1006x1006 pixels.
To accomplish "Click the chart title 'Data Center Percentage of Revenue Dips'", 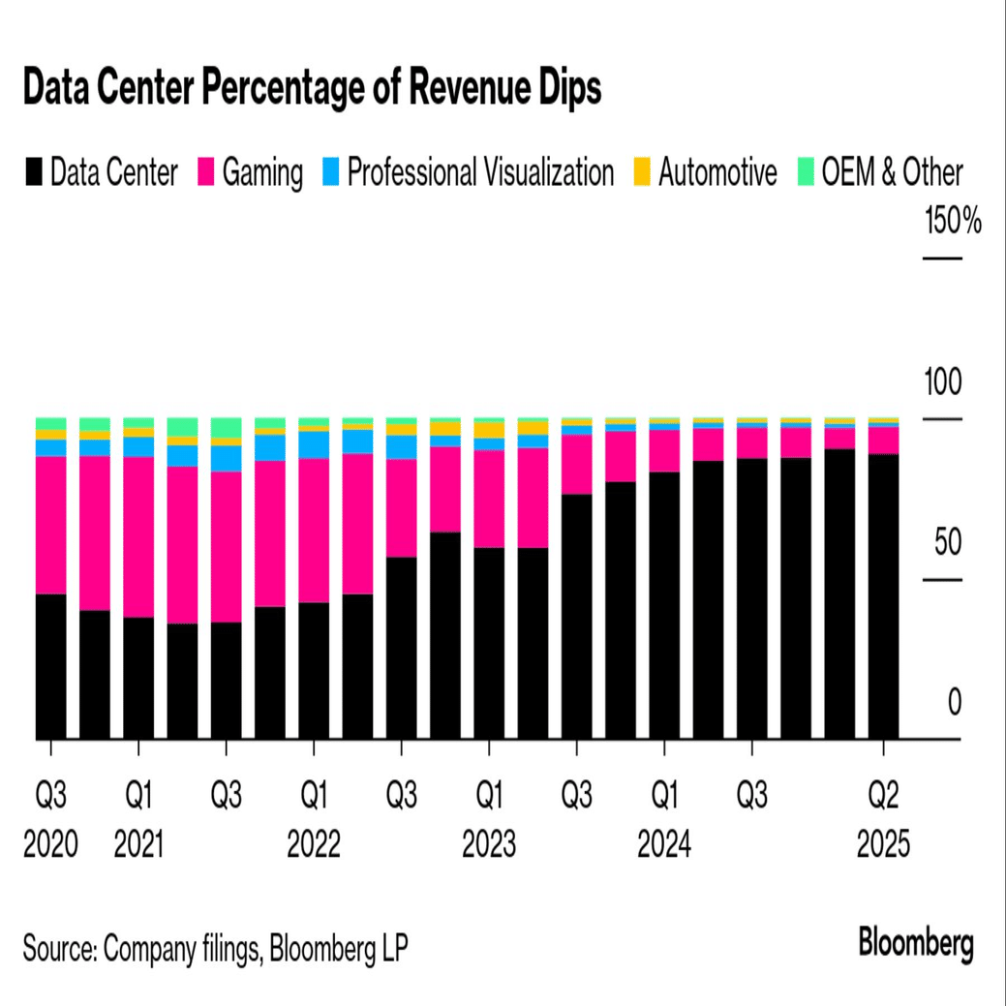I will click(x=312, y=89).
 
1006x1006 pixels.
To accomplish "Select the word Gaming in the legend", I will click(x=262, y=173).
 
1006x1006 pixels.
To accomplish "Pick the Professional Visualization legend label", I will click(x=480, y=173).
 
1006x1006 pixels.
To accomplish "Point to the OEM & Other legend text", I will click(x=892, y=173).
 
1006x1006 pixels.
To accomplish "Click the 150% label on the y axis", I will click(x=953, y=222).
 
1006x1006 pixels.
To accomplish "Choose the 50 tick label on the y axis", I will click(x=947, y=543).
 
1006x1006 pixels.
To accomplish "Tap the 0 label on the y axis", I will click(x=955, y=704).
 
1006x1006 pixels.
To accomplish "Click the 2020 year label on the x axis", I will click(x=50, y=845).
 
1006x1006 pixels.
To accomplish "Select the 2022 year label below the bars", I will click(x=314, y=845).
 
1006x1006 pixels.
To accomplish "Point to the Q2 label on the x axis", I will click(x=883, y=797).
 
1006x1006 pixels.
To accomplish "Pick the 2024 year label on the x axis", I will click(x=664, y=845).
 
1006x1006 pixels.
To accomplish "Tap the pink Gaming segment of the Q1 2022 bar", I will click(x=314, y=531).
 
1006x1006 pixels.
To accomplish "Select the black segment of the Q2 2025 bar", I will click(x=883, y=596).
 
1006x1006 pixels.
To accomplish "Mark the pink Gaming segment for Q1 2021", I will click(x=138, y=536).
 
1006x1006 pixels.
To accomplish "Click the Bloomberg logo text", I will click(x=915, y=942).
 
